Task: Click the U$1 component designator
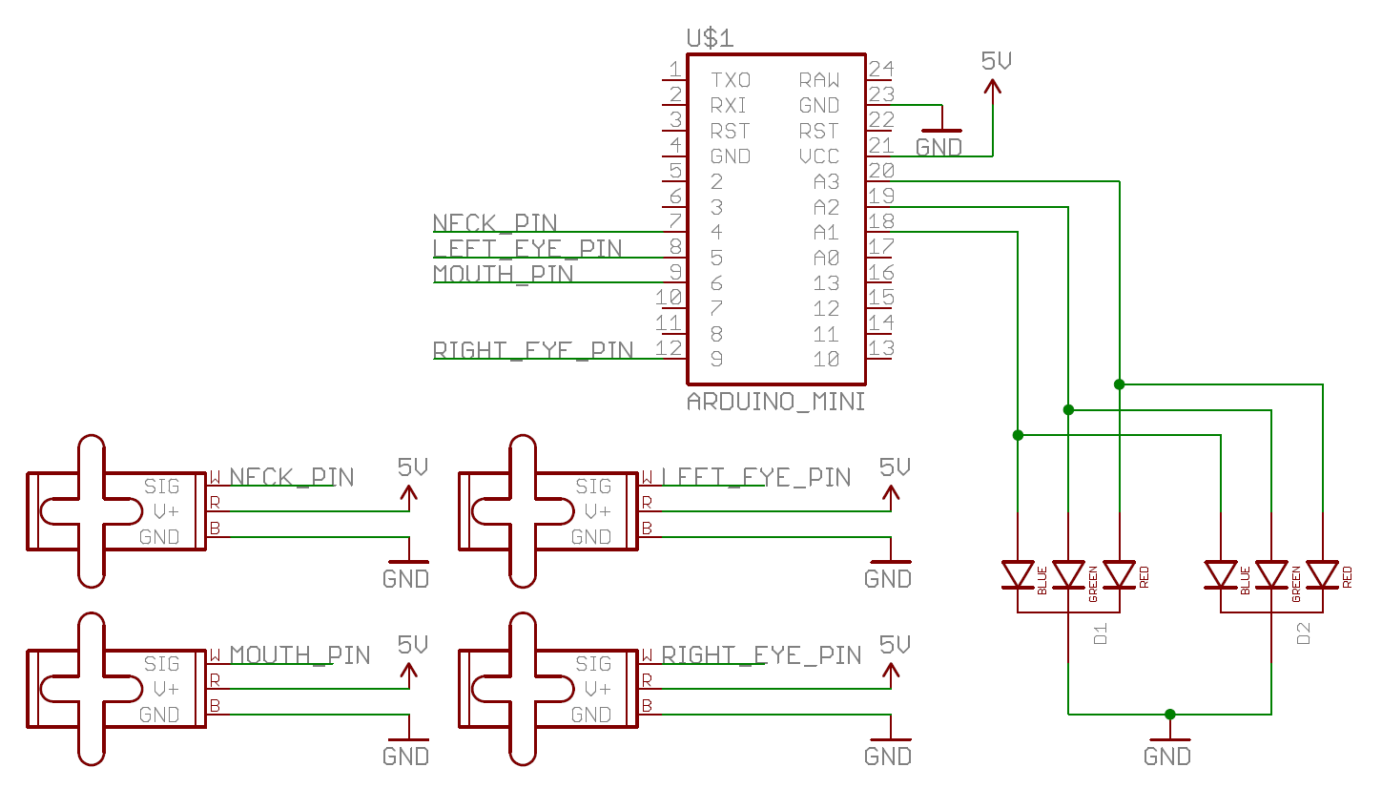point(710,38)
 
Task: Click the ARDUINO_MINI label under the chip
point(775,402)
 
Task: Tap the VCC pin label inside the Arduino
point(818,156)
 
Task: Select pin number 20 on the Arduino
point(880,171)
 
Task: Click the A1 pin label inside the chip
point(825,233)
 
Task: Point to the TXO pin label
point(730,80)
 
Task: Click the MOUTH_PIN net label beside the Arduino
point(503,274)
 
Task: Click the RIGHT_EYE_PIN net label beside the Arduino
point(532,350)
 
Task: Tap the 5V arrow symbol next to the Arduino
point(993,88)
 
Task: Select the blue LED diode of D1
point(1018,575)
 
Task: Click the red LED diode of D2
point(1322,575)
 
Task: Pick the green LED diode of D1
point(1068,575)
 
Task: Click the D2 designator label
point(1304,633)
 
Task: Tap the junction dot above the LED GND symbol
point(1169,714)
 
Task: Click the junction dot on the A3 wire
point(1119,384)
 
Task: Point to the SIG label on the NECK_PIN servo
point(161,487)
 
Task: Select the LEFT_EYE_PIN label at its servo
point(755,477)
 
